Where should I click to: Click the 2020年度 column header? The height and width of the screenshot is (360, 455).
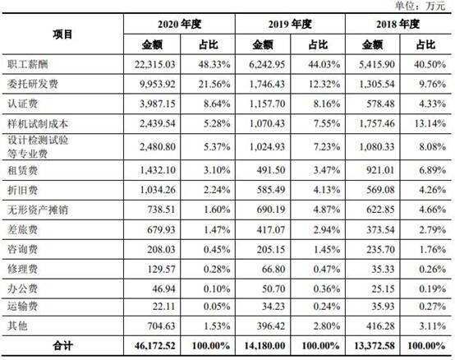pyautogui.click(x=179, y=24)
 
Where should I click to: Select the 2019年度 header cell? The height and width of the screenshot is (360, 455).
pyautogui.click(x=290, y=24)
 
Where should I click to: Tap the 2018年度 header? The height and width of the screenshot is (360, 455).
pyautogui.click(x=398, y=24)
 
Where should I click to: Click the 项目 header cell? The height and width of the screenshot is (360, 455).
pyautogui.click(x=62, y=35)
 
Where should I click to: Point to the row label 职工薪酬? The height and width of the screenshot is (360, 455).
pyautogui.click(x=28, y=64)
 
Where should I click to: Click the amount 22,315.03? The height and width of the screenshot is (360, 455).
pyautogui.click(x=155, y=64)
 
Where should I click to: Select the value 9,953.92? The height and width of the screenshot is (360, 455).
pyautogui.click(x=158, y=84)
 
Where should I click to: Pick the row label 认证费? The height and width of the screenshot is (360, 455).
pyautogui.click(x=22, y=104)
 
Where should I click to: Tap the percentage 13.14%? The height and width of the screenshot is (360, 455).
pyautogui.click(x=430, y=123)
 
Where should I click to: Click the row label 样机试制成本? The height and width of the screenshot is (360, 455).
pyautogui.click(x=38, y=124)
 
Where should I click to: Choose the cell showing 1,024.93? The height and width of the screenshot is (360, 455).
pyautogui.click(x=267, y=147)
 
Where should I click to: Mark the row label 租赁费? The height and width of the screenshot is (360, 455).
pyautogui.click(x=22, y=170)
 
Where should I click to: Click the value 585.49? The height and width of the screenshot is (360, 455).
pyautogui.click(x=271, y=190)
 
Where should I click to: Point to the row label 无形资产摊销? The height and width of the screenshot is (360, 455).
pyautogui.click(x=38, y=210)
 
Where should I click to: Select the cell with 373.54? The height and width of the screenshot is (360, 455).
pyautogui.click(x=380, y=230)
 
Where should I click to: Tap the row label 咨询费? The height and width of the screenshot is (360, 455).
pyautogui.click(x=22, y=249)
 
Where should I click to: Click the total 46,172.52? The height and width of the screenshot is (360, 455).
pyautogui.click(x=155, y=346)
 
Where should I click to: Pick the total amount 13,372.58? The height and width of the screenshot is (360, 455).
pyautogui.click(x=375, y=346)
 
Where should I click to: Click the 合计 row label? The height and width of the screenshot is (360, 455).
pyautogui.click(x=62, y=346)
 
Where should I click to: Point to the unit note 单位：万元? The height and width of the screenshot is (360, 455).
pyautogui.click(x=420, y=6)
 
